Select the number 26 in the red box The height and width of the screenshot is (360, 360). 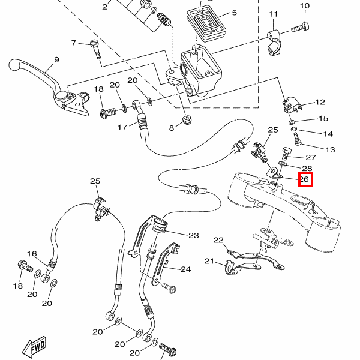pos(305,179)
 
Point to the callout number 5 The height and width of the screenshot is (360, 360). pos(234,13)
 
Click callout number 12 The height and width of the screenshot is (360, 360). pos(319,103)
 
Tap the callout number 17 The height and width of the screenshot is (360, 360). pos(122,127)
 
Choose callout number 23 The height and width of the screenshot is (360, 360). pos(193,235)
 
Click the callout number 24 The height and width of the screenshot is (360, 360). pos(185,269)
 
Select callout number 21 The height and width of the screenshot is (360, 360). pos(209,261)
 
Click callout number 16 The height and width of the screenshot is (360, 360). pos(32,254)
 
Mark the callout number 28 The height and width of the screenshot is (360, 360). pos(307,169)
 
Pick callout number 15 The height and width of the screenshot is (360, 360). pos(323,119)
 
